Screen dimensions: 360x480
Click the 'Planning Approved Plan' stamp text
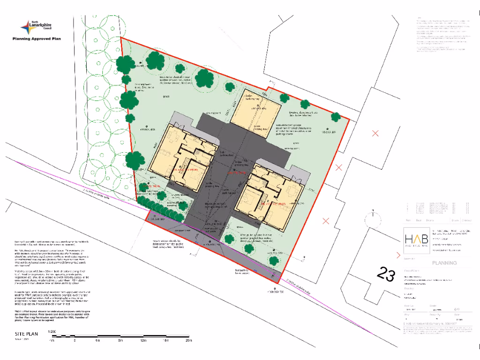[x=37, y=39]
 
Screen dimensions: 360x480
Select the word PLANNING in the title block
[x=444, y=263]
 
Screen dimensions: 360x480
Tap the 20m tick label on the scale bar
[x=189, y=341]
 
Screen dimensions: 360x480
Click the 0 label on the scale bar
[x=75, y=341]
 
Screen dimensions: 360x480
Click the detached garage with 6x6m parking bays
[x=256, y=112]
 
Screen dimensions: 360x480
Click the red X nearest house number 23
[x=325, y=221]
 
